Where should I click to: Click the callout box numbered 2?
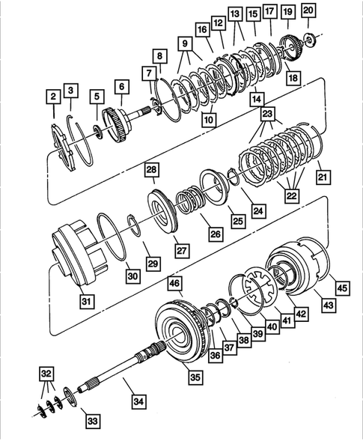52,96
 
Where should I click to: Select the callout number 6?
120,87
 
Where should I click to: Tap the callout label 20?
309,10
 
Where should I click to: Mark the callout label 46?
175,284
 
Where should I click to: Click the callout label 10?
208,118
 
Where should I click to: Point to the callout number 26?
215,234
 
